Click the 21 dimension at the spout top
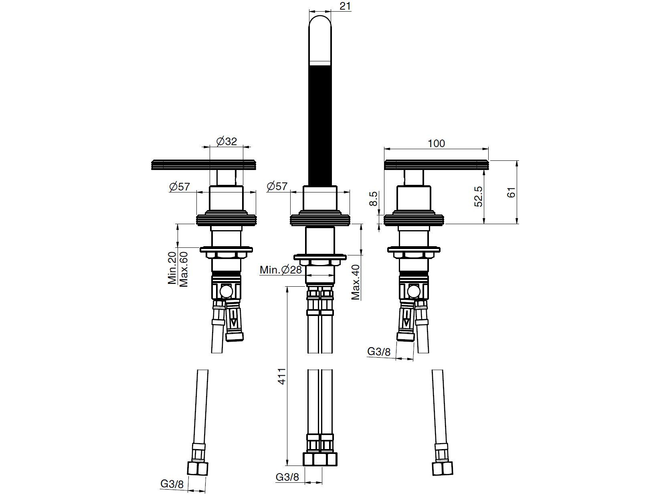tap(345, 6)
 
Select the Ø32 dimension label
tap(226, 141)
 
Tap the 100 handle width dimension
tap(436, 144)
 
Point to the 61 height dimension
tap(511, 192)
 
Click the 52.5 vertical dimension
tap(478, 196)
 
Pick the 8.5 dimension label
tap(373, 199)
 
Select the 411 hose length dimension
tap(281, 376)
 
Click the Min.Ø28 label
tap(281, 269)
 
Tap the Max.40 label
tap(356, 282)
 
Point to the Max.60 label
tap(184, 269)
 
